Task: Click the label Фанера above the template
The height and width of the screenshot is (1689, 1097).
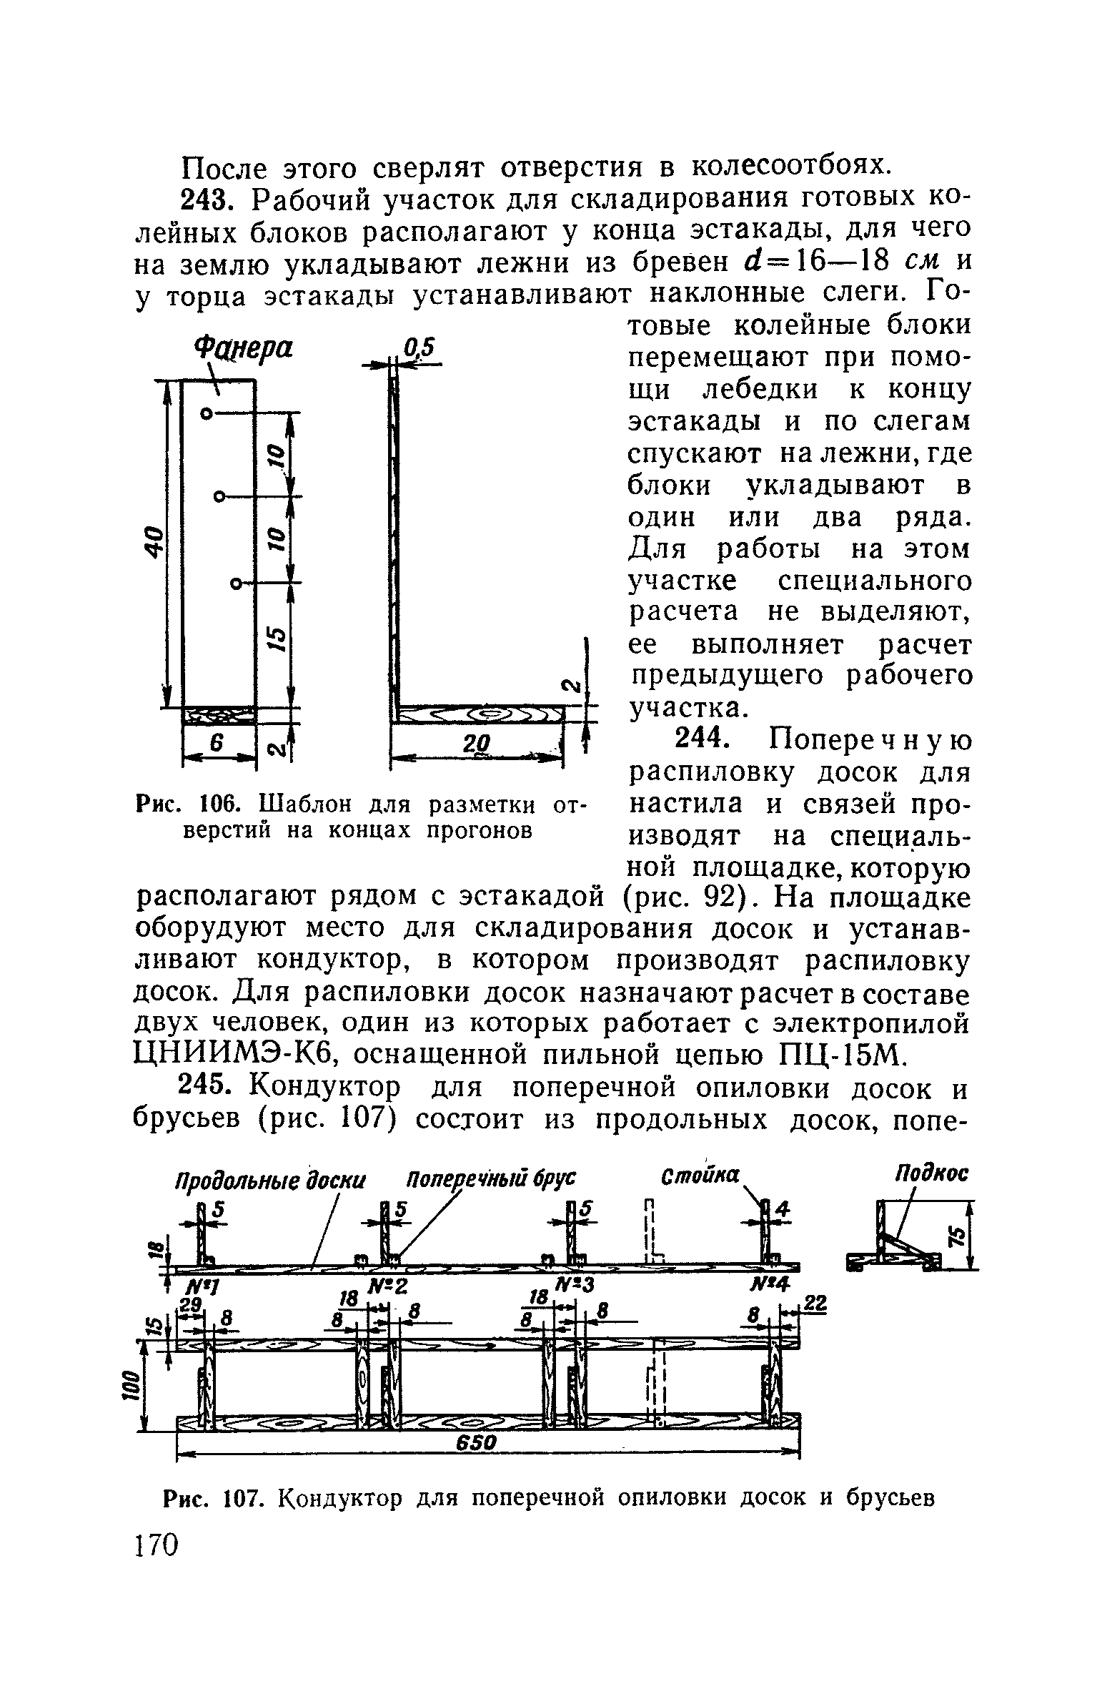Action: click(243, 350)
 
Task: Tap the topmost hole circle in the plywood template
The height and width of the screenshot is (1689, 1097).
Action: click(207, 413)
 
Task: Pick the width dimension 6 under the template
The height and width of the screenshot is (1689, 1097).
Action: click(218, 744)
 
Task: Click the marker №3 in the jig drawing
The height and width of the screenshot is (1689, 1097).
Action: click(579, 1285)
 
